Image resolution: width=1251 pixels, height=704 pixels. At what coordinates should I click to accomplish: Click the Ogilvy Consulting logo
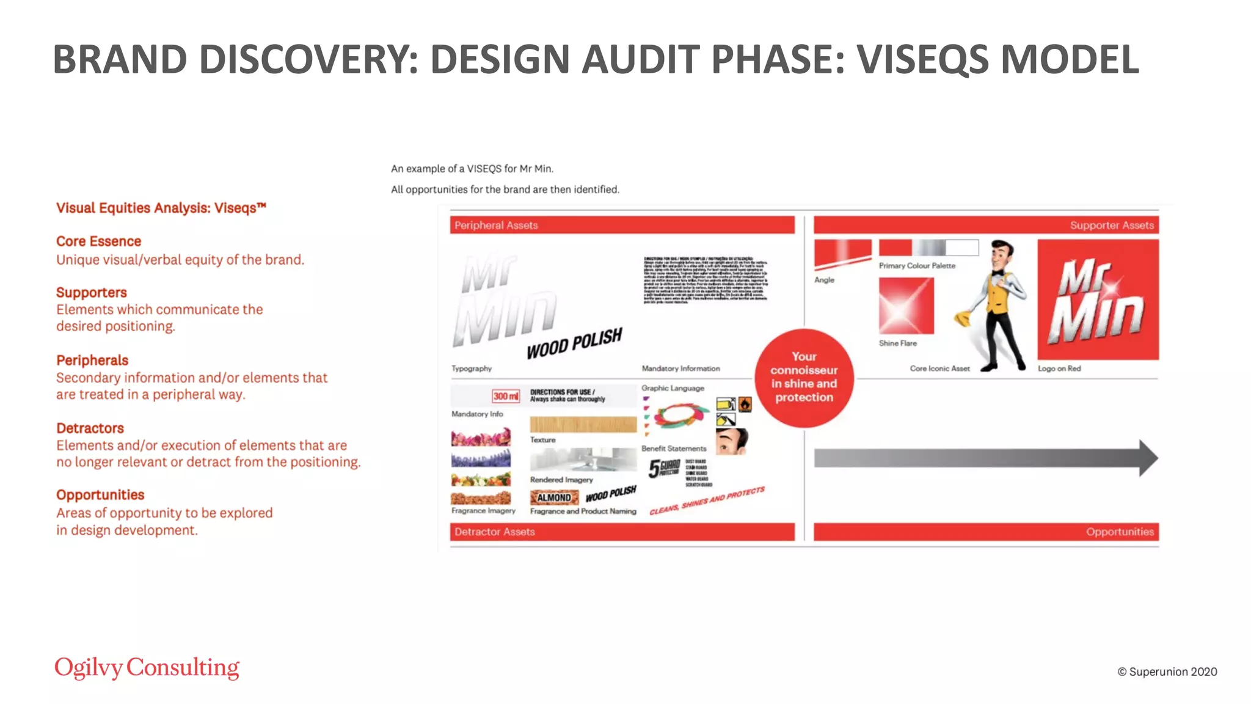coord(147,667)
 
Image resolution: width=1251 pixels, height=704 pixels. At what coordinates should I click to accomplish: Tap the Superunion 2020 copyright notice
coord(1167,672)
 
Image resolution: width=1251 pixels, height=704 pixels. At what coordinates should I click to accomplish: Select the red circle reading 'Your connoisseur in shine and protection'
coord(804,377)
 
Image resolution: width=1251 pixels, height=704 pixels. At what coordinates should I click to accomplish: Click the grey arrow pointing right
coord(985,458)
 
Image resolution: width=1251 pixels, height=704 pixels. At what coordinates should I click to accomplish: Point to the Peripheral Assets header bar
coord(622,225)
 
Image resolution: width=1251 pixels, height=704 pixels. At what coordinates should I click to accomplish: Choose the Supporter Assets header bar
coord(986,225)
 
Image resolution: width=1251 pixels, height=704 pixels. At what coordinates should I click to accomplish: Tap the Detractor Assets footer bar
coord(622,532)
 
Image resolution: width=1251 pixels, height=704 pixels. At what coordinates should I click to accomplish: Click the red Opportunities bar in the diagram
coord(986,532)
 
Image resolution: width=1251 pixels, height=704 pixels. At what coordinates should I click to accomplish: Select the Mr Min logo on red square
coord(1098,299)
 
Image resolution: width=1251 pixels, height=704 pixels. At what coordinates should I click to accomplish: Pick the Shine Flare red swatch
coord(906,306)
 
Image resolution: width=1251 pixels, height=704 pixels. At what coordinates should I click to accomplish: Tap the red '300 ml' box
coord(506,396)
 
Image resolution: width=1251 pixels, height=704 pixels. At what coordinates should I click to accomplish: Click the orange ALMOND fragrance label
coord(554,497)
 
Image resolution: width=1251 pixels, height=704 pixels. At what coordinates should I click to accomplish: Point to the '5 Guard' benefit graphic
coord(664,469)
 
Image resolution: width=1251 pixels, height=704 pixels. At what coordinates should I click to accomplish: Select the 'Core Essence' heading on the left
coord(98,241)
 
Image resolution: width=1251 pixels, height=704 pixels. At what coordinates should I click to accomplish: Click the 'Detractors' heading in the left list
coord(90,428)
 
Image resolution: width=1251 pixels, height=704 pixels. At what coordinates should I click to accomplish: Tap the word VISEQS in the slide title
coord(922,59)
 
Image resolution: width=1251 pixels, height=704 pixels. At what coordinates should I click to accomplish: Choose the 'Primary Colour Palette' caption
coord(917,266)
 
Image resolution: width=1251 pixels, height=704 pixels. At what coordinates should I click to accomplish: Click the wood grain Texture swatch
coord(583,424)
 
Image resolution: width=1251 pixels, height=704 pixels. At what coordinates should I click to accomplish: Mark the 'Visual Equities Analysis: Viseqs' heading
coord(161,208)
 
